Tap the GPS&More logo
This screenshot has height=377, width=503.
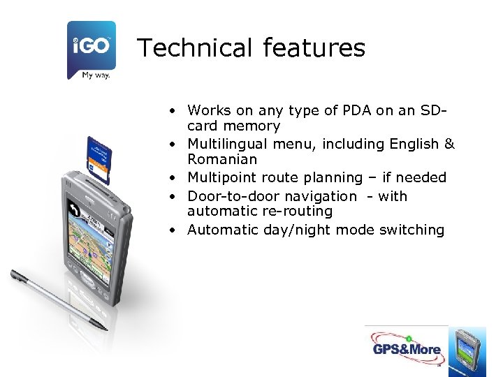pos(406,349)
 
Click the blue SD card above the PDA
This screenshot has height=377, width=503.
pos(99,160)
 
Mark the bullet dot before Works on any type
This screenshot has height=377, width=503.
pos(170,110)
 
